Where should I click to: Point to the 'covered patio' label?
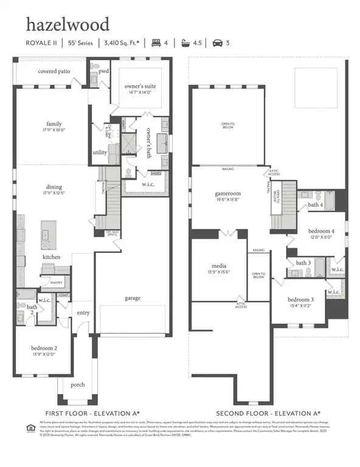(54, 71)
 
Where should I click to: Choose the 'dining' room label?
(54, 187)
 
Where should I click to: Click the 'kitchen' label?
(51, 258)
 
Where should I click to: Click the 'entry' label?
(83, 313)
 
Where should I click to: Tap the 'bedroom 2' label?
(44, 348)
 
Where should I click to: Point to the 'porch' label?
(78, 384)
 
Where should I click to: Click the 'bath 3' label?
(303, 263)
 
